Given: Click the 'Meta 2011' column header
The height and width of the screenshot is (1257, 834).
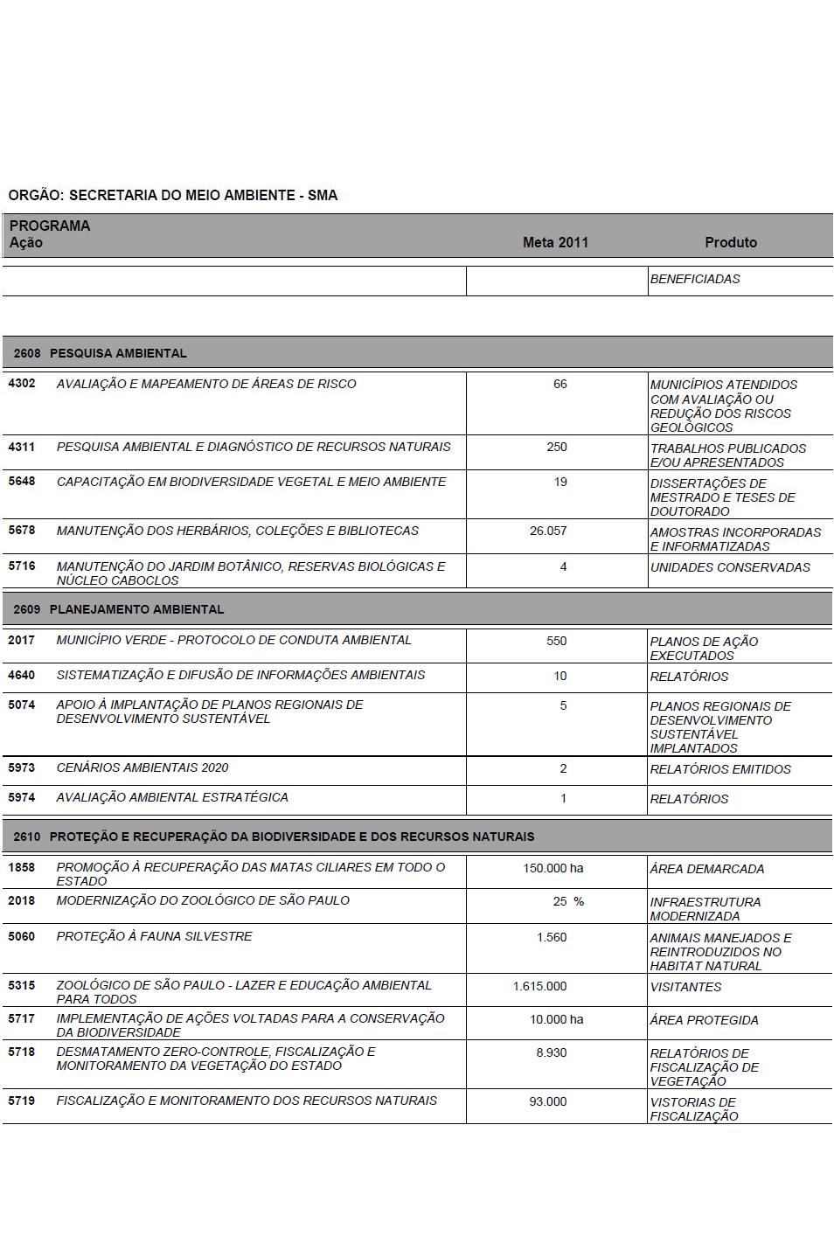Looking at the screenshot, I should click(x=555, y=242).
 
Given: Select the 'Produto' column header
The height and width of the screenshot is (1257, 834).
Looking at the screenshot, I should click(x=731, y=242).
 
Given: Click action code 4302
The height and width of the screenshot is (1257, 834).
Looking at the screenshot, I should click(x=22, y=384).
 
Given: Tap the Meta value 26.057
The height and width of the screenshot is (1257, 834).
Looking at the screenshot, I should click(x=548, y=531).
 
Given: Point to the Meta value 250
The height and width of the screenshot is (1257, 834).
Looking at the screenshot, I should click(x=557, y=447).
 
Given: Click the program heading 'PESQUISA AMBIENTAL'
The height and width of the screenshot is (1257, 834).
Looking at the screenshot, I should click(x=118, y=353).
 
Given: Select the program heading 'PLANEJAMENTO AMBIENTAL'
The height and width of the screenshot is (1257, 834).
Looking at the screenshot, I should click(x=136, y=609).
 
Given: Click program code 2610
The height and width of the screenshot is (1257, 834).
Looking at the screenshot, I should click(x=27, y=837).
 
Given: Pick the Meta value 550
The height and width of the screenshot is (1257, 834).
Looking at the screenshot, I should click(x=557, y=641).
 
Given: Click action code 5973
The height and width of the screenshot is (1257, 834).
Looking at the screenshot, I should click(x=22, y=767).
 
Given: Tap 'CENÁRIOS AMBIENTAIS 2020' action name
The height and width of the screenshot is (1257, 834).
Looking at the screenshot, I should click(x=142, y=767).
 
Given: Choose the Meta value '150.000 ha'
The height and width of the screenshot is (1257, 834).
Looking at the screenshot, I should click(x=553, y=868).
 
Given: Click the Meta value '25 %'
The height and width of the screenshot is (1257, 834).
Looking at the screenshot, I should click(x=568, y=901).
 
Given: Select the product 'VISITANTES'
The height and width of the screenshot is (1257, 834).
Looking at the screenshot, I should click(x=686, y=987).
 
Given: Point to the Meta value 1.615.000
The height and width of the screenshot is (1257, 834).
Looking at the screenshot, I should click(x=539, y=986).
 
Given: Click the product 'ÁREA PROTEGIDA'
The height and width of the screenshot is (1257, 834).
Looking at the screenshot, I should click(x=704, y=1020).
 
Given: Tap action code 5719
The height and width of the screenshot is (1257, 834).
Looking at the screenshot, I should click(x=22, y=1101).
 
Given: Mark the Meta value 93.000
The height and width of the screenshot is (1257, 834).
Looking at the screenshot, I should click(x=548, y=1101).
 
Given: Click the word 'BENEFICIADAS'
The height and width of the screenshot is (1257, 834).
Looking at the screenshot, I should click(x=695, y=279).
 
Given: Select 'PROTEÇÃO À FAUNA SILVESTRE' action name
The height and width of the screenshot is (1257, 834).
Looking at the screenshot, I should click(x=154, y=936).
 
